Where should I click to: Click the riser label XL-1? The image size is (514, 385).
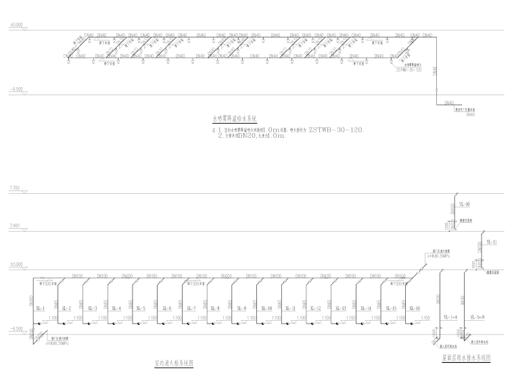coord(40,309)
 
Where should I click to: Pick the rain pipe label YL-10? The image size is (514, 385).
coord(464,204)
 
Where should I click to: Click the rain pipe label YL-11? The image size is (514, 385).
coord(492,242)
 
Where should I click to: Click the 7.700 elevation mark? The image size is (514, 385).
coord(14,188)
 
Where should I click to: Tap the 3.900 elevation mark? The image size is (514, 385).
coord(14,226)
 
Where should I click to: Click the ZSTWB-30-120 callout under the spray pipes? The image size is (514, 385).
coord(408,69)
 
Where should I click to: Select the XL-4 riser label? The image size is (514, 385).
coord(116,309)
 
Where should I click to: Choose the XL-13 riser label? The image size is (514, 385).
coord(339,309)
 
